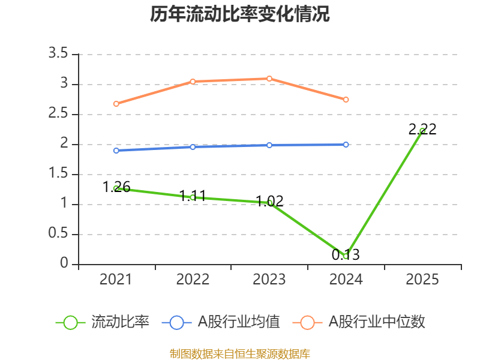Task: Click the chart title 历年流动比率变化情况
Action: click(x=240, y=14)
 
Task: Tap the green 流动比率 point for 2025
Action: click(x=422, y=131)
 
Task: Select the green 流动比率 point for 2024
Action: click(x=346, y=256)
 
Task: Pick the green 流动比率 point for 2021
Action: click(x=116, y=188)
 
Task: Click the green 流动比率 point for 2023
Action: click(x=269, y=203)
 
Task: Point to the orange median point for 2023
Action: click(x=269, y=79)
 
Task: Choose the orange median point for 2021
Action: click(x=116, y=104)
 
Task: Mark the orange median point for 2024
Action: click(x=346, y=100)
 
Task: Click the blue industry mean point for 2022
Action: click(x=193, y=147)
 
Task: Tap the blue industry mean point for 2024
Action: click(x=346, y=145)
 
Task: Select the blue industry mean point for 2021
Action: click(x=116, y=151)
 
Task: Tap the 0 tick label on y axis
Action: click(x=65, y=264)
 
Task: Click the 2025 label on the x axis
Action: click(x=422, y=280)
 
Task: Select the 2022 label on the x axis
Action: click(x=193, y=280)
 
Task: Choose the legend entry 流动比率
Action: click(x=103, y=322)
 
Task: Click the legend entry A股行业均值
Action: click(x=221, y=322)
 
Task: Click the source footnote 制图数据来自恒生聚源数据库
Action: click(x=240, y=353)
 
